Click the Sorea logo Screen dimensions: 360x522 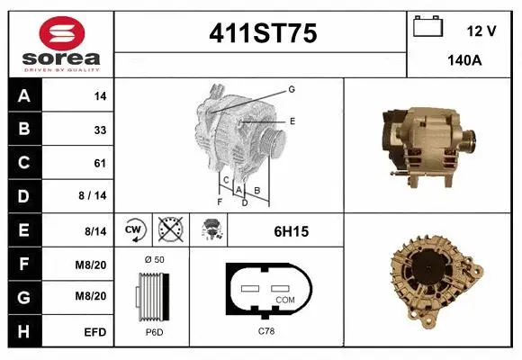tap(61, 42)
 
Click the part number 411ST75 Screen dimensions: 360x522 tap(262, 34)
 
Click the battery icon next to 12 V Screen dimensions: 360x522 tap(427, 27)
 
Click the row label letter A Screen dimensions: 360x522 tap(24, 96)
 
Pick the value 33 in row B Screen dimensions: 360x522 tap(100, 130)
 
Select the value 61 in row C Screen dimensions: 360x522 tap(100, 163)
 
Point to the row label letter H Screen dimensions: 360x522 tap(24, 331)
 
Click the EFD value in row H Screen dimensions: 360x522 tap(95, 332)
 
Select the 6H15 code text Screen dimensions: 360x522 tap(291, 231)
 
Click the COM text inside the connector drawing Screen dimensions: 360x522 tap(283, 300)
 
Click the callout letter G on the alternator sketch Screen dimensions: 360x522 tap(292, 89)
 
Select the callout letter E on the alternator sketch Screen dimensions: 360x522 tap(292, 120)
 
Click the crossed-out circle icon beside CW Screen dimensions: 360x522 tap(167, 230)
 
